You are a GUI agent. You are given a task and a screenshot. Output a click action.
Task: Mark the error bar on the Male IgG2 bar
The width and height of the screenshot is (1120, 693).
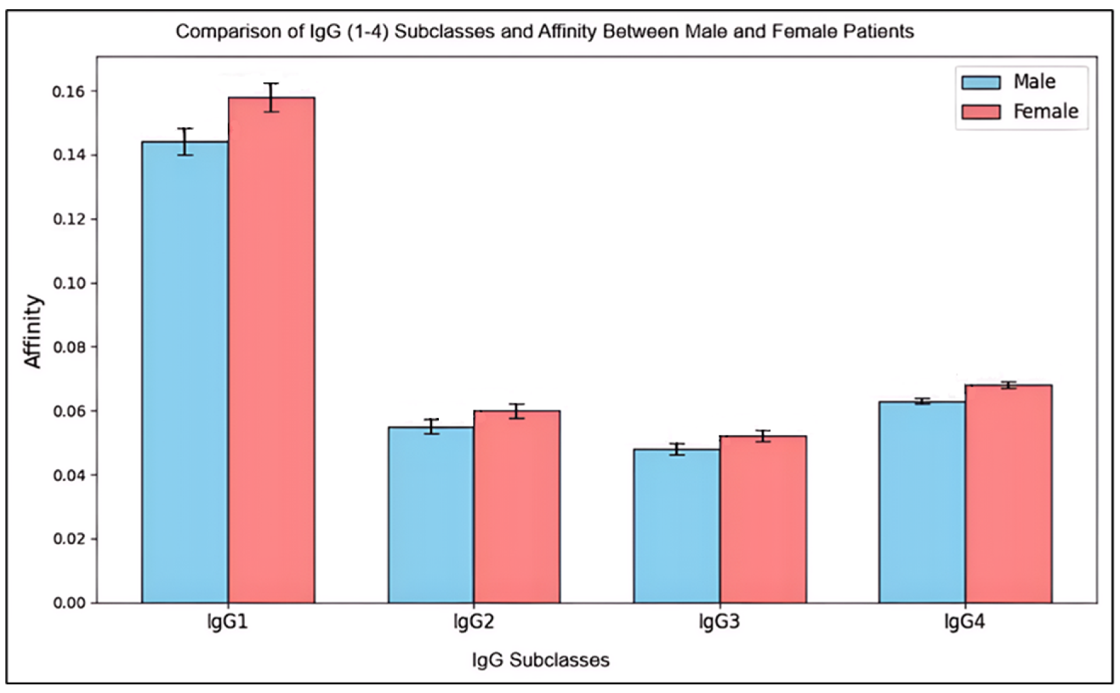pyautogui.click(x=431, y=426)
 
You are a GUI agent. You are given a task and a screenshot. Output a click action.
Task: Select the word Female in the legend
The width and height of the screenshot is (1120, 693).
pyautogui.click(x=1046, y=112)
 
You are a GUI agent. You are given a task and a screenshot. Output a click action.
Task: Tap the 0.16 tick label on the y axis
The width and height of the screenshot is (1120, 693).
pyautogui.click(x=69, y=92)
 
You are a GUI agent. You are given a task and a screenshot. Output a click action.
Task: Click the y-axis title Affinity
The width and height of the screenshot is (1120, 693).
pyautogui.click(x=33, y=331)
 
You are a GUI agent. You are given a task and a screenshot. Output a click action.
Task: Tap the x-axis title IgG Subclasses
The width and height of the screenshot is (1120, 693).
pyautogui.click(x=541, y=660)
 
